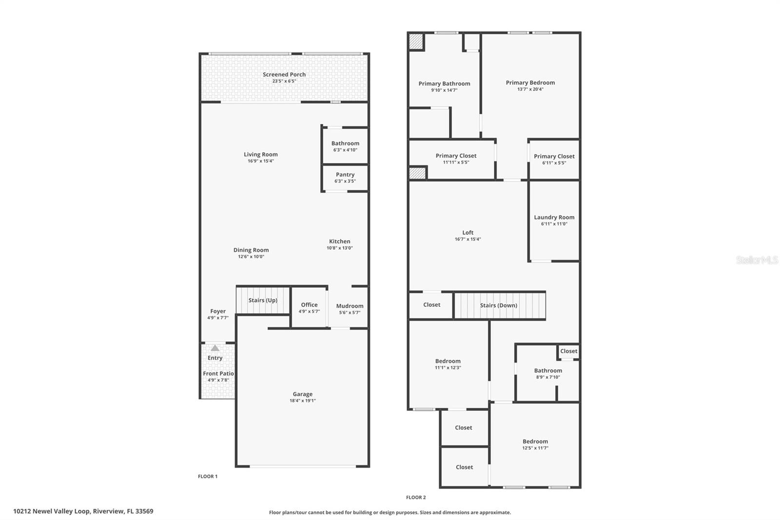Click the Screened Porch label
point(284,75)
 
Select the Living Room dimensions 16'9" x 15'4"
point(261,161)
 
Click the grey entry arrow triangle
point(215,348)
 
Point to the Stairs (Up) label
point(263,300)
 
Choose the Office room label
point(309,304)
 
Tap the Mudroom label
point(350,306)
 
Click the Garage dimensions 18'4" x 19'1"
point(303,401)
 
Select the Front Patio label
point(218,374)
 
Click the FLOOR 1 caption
point(208,477)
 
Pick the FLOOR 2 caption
point(416,498)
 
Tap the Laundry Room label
point(554,217)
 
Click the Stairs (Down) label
point(498,305)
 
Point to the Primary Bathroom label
point(444,83)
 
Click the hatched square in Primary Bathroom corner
point(416,41)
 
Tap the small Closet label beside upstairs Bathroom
point(568,351)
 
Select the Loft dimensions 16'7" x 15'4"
point(468,239)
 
